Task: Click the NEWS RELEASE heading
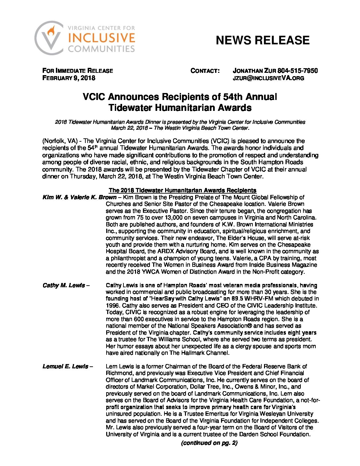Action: [262, 40]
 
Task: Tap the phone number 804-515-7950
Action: [297, 70]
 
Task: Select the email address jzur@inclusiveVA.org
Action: [268, 78]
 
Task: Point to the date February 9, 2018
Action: [69, 78]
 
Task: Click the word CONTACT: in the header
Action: [205, 70]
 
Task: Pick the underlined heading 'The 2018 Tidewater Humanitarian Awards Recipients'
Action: [182, 190]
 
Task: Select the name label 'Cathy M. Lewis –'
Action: [66, 285]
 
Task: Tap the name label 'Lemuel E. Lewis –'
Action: [67, 366]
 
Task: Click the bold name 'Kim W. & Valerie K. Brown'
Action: [79, 197]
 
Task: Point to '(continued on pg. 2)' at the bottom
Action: [209, 443]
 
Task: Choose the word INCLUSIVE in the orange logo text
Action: [102, 38]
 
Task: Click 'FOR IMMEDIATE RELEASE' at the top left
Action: [77, 70]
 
